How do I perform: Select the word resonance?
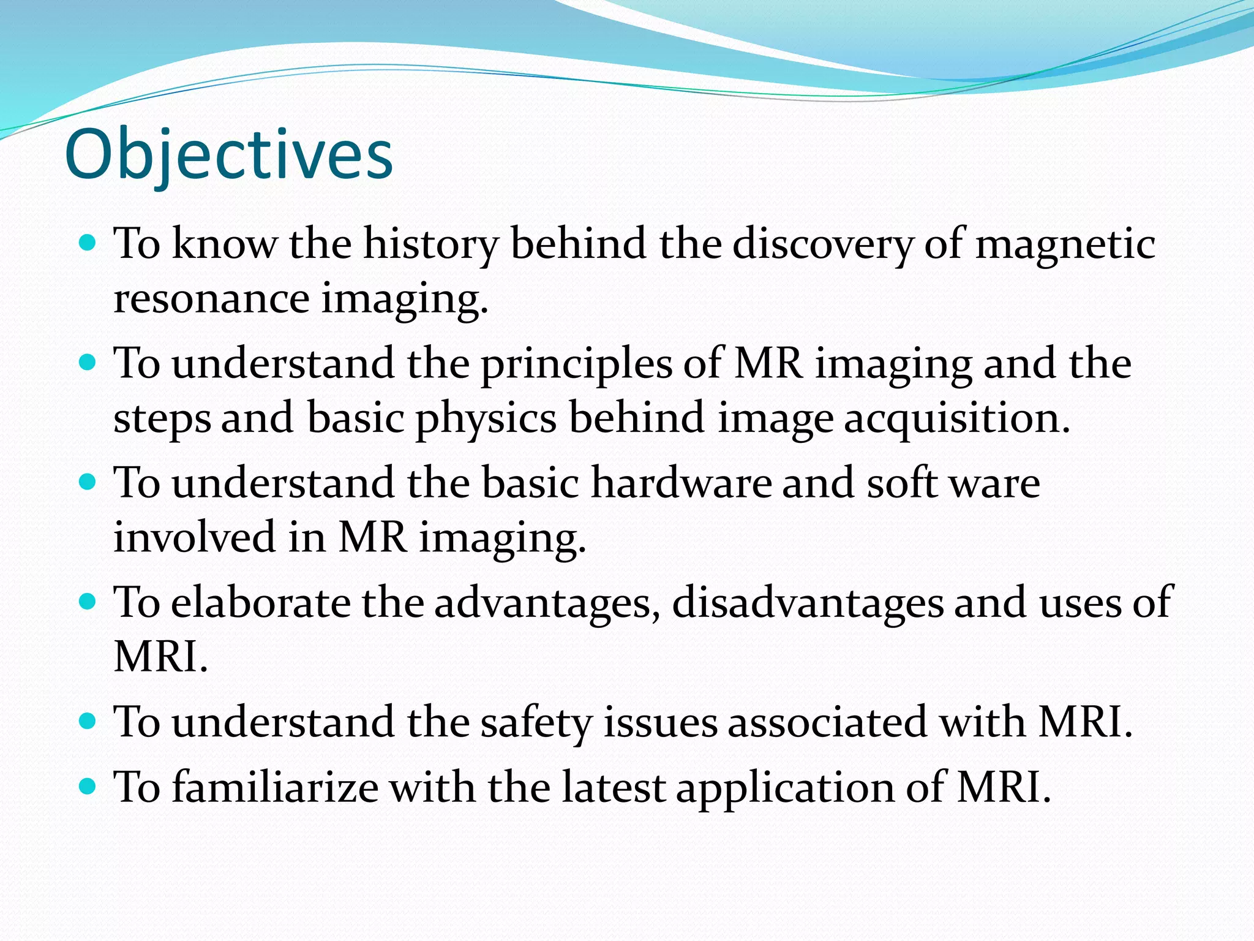coord(211,298)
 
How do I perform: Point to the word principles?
coord(576,363)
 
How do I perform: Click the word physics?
coord(486,418)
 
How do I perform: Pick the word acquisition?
coord(956,418)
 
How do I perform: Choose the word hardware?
coord(681,483)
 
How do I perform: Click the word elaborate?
coord(260,602)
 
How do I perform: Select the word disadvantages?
coord(808,602)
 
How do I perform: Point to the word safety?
coord(536,722)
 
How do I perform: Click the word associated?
coord(827,722)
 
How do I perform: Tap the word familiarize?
coord(275,787)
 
